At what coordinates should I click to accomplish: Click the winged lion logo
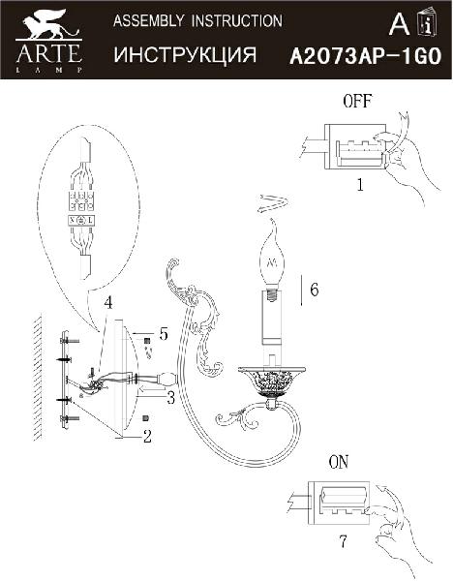[x=48, y=24]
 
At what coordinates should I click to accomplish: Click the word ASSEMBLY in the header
[x=148, y=20]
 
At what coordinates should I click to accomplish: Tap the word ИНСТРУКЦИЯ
[x=185, y=54]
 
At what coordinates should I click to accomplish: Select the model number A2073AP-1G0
[x=366, y=57]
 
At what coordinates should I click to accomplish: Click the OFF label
[x=357, y=101]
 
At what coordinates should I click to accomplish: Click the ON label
[x=339, y=462]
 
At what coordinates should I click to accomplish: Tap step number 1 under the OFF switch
[x=360, y=184]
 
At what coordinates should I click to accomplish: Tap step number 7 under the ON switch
[x=344, y=541]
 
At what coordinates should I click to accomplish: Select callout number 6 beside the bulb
[x=315, y=289]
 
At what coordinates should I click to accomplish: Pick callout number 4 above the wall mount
[x=107, y=303]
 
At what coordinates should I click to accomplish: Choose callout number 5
[x=164, y=333]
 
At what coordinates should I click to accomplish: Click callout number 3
[x=170, y=398]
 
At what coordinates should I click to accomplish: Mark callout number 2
[x=147, y=436]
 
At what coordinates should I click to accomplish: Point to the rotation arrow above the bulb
[x=273, y=203]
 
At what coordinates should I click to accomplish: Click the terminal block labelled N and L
[x=82, y=221]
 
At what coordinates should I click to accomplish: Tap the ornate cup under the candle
[x=272, y=382]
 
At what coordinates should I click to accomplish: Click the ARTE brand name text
[x=48, y=53]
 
